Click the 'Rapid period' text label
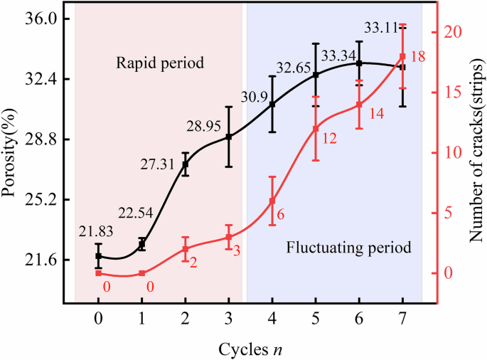[x=160, y=63]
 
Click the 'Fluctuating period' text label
[x=348, y=248]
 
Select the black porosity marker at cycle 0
[x=99, y=256]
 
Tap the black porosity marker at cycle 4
[x=272, y=105]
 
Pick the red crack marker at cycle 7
[x=402, y=56]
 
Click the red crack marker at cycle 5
[x=316, y=128]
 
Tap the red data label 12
[x=329, y=139]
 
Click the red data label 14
[x=376, y=114]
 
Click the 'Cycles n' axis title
[x=251, y=349]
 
